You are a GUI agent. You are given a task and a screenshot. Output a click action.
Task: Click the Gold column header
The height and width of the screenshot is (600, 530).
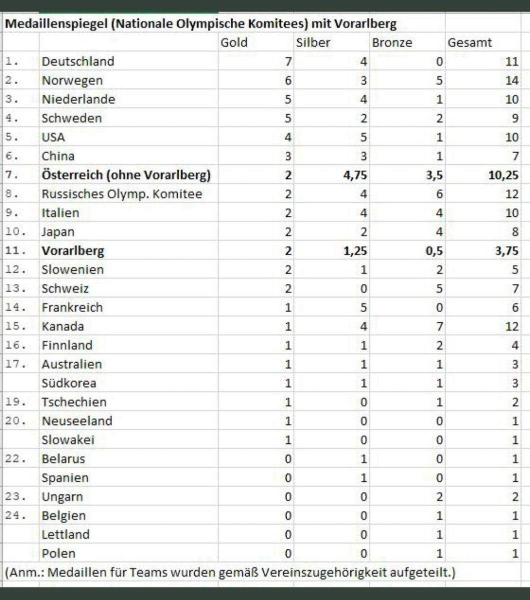(x=234, y=42)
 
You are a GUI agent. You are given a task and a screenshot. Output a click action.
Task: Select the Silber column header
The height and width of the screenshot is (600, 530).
(x=313, y=42)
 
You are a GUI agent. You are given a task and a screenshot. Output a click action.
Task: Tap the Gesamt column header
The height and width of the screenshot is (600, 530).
(x=470, y=42)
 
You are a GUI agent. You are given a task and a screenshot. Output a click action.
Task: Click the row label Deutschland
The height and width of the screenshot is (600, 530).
(x=78, y=61)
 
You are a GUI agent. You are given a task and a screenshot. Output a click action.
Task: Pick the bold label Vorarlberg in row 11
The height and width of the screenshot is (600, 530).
(x=73, y=250)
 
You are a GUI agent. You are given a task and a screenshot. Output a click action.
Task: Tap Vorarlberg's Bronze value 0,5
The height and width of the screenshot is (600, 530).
(x=434, y=250)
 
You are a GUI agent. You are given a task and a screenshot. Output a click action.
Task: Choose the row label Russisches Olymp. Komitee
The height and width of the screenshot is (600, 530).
(x=122, y=194)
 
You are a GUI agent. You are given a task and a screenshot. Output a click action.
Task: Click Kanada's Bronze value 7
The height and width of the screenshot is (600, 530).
(x=439, y=326)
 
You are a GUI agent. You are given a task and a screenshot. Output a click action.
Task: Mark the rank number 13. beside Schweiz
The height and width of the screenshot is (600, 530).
(x=14, y=288)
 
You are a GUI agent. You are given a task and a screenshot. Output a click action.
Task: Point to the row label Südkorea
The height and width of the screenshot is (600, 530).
(x=69, y=383)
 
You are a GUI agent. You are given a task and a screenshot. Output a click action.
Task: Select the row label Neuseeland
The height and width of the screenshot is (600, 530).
(x=77, y=421)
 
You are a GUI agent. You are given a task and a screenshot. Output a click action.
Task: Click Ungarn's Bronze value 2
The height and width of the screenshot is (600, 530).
(x=439, y=497)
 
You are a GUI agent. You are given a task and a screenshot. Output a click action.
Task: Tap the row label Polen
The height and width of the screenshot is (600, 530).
(x=59, y=553)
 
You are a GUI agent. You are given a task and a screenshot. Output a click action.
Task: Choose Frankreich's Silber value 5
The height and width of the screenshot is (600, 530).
(x=364, y=307)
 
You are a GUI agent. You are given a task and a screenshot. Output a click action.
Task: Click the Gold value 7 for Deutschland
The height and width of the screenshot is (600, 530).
(x=288, y=61)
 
